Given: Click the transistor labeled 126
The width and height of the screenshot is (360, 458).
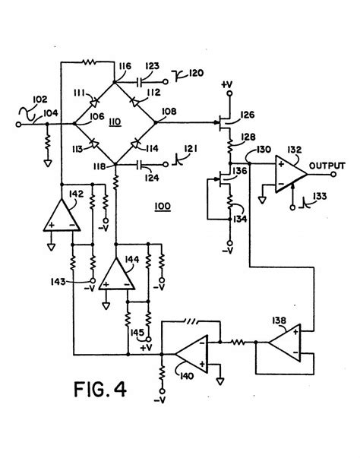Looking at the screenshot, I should tap(224, 118).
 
